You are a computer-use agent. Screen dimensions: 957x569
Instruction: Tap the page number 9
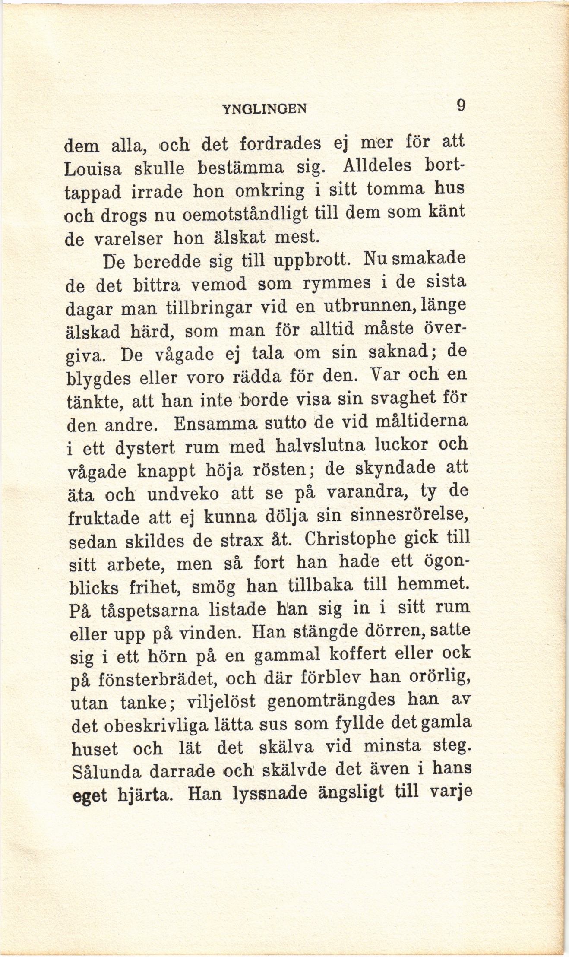click(x=461, y=105)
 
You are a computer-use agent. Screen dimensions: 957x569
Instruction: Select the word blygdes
click(x=98, y=379)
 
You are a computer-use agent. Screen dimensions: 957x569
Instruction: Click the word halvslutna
click(x=321, y=446)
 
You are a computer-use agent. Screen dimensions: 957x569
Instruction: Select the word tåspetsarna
click(x=149, y=610)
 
